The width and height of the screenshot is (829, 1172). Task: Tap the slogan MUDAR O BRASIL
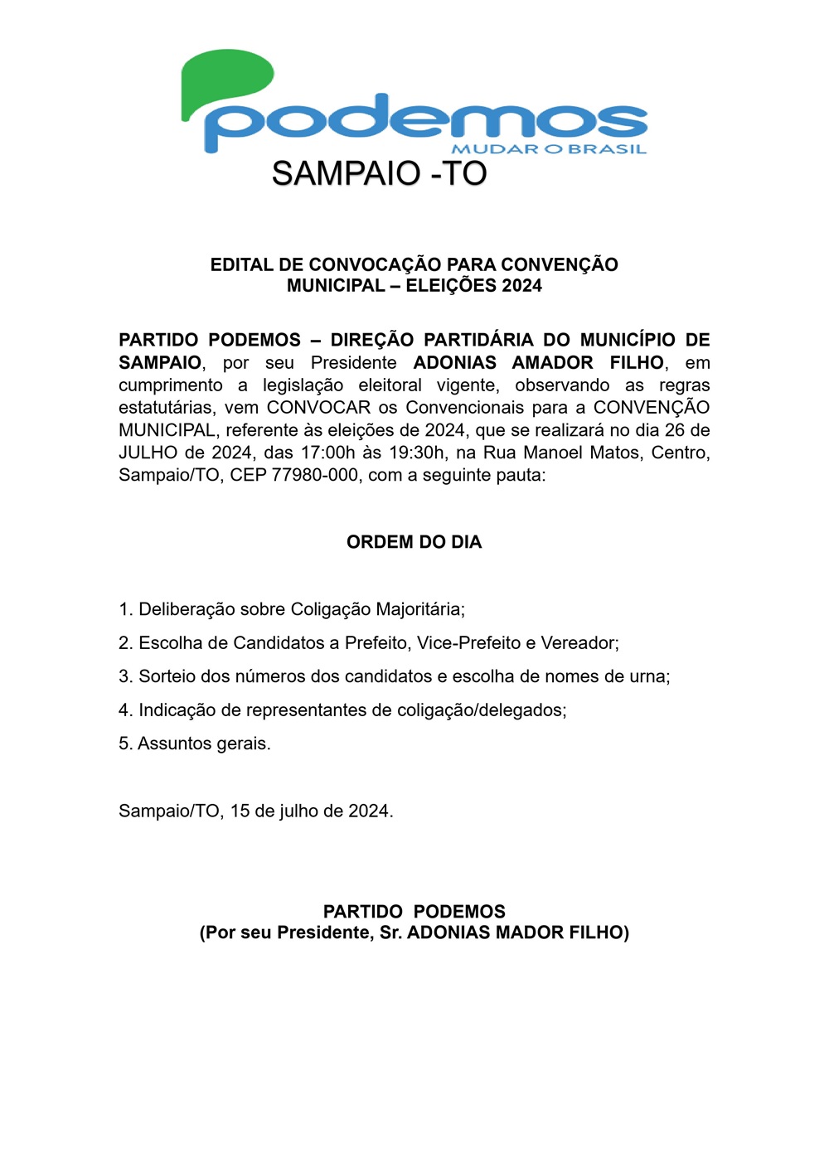tap(549, 149)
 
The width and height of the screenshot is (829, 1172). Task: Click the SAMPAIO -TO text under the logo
tap(379, 174)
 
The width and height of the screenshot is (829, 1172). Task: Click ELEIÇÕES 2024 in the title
tap(473, 286)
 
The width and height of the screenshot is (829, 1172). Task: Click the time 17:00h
tap(323, 453)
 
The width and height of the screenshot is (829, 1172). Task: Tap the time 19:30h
tap(417, 453)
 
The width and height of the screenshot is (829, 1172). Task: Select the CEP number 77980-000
tap(315, 475)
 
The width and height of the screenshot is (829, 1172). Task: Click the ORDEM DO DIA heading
tap(414, 542)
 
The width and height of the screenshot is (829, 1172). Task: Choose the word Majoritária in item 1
tap(419, 610)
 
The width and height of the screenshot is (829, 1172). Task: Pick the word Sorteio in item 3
tap(167, 676)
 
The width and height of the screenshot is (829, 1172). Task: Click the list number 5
tap(124, 743)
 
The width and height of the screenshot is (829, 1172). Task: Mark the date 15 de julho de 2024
tap(311, 811)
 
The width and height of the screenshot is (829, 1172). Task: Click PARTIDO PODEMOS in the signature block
tap(414, 912)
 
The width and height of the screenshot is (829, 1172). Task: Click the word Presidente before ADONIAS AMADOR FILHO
tap(353, 363)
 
